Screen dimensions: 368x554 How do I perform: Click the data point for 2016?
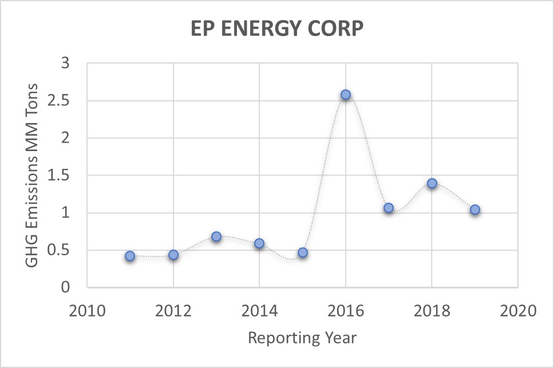345,94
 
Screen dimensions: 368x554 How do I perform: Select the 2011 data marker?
130,256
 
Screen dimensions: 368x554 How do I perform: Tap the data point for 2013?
216,236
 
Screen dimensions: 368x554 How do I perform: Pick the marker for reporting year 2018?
432,183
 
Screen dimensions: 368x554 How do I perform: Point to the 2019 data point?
474,209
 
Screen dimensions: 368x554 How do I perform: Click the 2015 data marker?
303,252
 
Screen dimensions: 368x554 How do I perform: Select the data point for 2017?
389,208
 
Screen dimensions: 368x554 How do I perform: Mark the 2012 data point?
173,255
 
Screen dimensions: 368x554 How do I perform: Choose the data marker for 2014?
259,243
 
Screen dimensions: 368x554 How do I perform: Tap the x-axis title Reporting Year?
302,338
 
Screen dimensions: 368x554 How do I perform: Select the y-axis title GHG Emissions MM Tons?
32,175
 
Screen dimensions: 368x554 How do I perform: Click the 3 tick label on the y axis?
72,64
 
